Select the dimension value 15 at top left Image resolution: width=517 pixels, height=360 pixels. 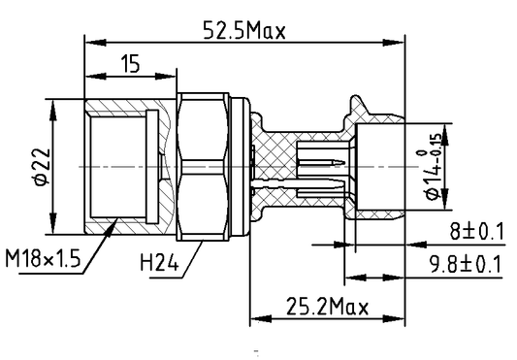(130, 64)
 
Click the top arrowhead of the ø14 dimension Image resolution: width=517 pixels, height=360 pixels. (446, 127)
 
